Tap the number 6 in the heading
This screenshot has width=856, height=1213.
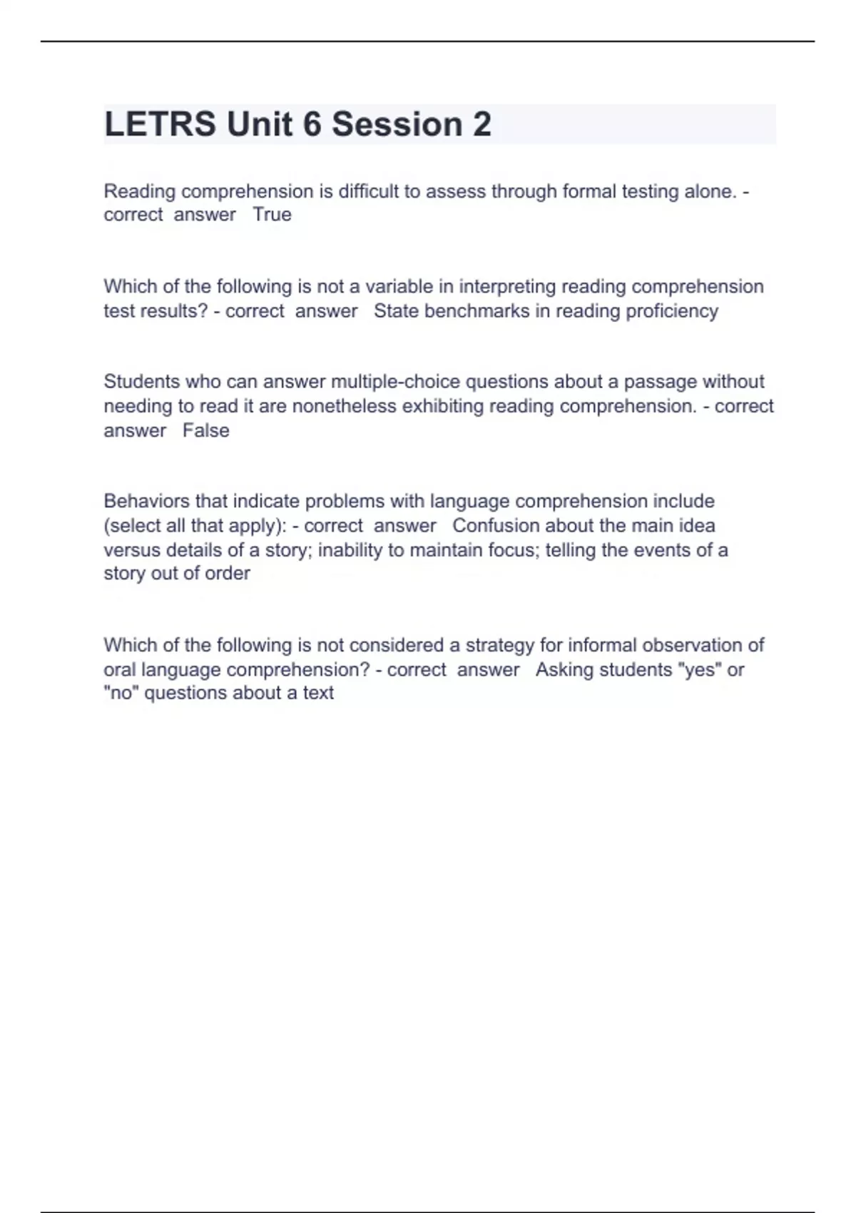tap(312, 124)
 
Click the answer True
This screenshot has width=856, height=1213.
tap(272, 215)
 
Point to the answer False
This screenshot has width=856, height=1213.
tap(205, 431)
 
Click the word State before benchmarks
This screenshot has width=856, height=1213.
tap(394, 311)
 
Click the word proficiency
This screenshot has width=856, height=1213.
tap(674, 311)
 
